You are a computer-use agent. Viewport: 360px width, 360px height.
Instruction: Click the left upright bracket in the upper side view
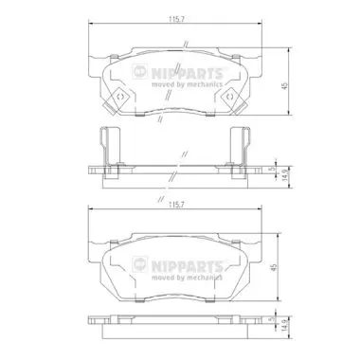click(106, 144)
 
